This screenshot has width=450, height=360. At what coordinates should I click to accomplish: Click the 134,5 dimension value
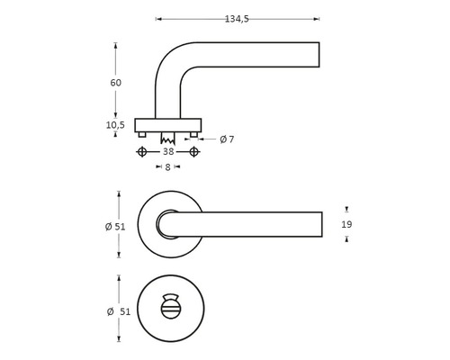coord(238,9)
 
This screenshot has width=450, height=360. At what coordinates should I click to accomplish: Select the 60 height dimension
coord(115,83)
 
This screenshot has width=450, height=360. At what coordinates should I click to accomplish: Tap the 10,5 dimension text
coord(115,125)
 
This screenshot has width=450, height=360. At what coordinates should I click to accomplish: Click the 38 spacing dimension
coord(167,153)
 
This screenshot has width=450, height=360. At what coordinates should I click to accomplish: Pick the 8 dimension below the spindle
coord(167,167)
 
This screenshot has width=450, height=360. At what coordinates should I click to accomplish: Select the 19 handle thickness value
coord(347,224)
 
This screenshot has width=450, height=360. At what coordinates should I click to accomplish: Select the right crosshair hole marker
coord(193,153)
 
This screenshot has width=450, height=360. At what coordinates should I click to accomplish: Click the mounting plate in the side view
coord(167,124)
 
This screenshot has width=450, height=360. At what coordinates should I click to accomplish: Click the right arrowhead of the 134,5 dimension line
coord(317,18)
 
